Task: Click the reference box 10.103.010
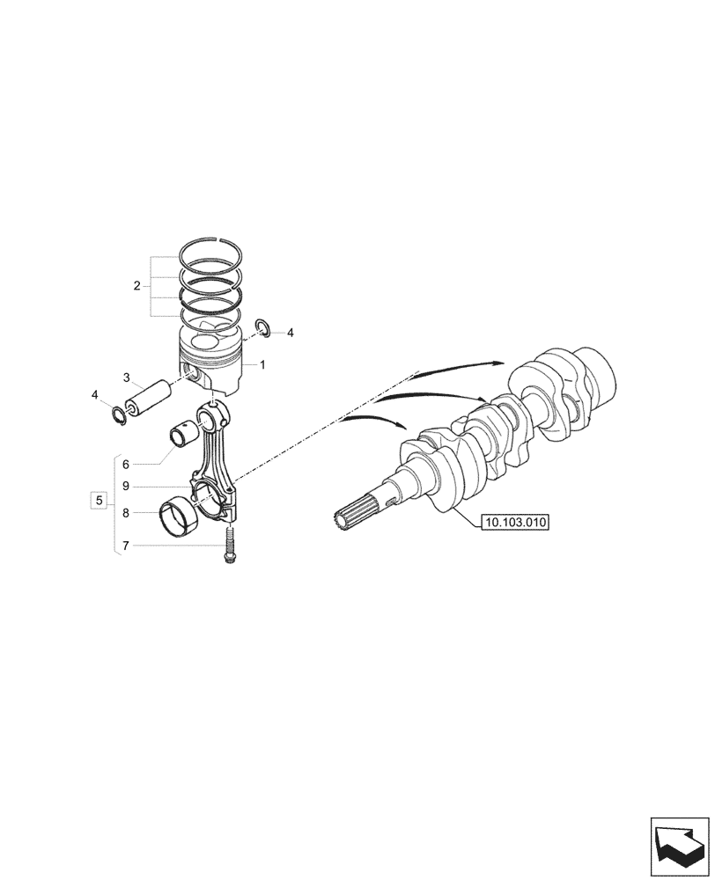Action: pyautogui.click(x=515, y=523)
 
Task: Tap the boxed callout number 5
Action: pyautogui.click(x=99, y=501)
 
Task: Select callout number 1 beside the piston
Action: pyautogui.click(x=262, y=363)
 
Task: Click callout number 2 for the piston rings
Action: pyautogui.click(x=136, y=285)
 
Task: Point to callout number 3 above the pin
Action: pyautogui.click(x=126, y=378)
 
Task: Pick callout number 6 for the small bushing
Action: pyautogui.click(x=126, y=464)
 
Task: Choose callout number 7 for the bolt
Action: pyautogui.click(x=126, y=546)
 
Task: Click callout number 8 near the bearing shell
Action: pyautogui.click(x=126, y=512)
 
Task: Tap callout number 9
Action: pyautogui.click(x=126, y=486)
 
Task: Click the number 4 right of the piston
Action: pyautogui.click(x=291, y=333)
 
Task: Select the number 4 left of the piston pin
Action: pyautogui.click(x=95, y=395)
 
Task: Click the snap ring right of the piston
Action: pyautogui.click(x=262, y=328)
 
